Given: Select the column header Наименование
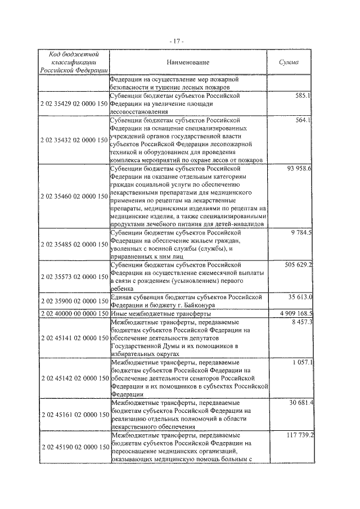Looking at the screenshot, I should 187,62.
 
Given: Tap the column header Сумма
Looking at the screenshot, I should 289,62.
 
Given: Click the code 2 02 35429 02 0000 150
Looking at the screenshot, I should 74,104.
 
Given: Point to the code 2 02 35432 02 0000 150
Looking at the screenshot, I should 74,139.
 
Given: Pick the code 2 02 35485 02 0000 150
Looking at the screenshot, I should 74,245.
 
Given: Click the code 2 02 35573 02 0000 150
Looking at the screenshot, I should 74,277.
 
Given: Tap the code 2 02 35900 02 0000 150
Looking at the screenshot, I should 74,301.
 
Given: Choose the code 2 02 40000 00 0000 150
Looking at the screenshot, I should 74,313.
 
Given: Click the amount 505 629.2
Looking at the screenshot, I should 295,264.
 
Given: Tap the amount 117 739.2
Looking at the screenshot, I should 295,435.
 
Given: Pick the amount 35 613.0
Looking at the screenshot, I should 298,296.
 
